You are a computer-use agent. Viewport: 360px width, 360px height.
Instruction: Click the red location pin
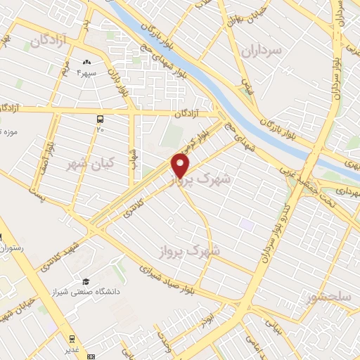(x=181, y=165)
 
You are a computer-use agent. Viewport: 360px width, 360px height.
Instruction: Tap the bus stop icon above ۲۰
(x=100, y=119)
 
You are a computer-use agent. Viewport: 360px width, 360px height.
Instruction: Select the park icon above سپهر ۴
(x=87, y=63)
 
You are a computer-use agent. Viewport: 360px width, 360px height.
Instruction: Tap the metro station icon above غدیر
(x=71, y=337)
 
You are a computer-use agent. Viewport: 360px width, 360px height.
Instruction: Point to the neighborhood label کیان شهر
(x=84, y=163)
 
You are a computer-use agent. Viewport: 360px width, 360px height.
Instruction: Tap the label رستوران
(x=11, y=248)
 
